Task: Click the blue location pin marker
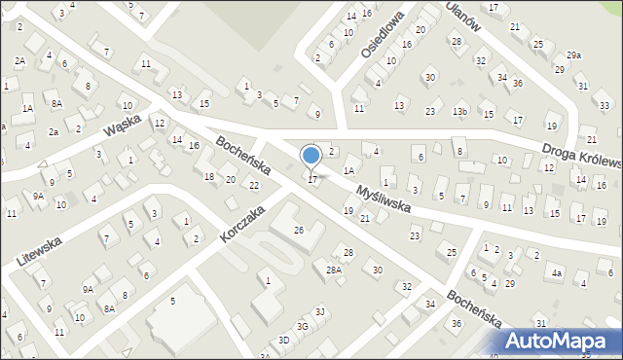311,157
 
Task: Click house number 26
299,230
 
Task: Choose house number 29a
573,55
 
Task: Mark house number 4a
557,274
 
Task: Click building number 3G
303,326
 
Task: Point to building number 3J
319,311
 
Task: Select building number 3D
284,341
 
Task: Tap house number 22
253,185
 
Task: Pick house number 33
604,105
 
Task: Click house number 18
209,176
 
